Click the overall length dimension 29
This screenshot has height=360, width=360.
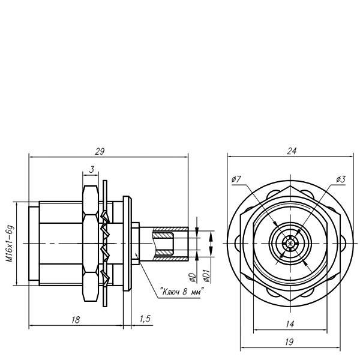100,152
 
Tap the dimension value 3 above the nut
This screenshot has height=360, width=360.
92,170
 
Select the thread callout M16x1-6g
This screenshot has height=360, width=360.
10,244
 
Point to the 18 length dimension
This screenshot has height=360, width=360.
76,320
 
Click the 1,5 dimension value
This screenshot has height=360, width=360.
145,319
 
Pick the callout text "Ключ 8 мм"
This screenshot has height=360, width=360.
182,292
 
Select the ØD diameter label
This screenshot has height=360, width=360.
192,277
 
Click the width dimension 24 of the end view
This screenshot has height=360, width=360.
292,151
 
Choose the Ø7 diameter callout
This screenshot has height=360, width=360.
236,179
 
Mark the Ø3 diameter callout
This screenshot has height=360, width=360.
341,179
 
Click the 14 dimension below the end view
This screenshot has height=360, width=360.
290,324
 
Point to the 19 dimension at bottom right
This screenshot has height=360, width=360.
290,342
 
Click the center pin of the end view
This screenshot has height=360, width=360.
290,244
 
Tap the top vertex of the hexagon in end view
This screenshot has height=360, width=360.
290,186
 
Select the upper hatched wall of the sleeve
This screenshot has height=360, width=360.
170,229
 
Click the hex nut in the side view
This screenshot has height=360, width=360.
91,244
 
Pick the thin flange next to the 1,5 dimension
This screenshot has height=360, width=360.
127,244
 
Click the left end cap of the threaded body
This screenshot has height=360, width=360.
34,244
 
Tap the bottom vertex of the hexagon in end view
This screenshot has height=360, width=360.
290,301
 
